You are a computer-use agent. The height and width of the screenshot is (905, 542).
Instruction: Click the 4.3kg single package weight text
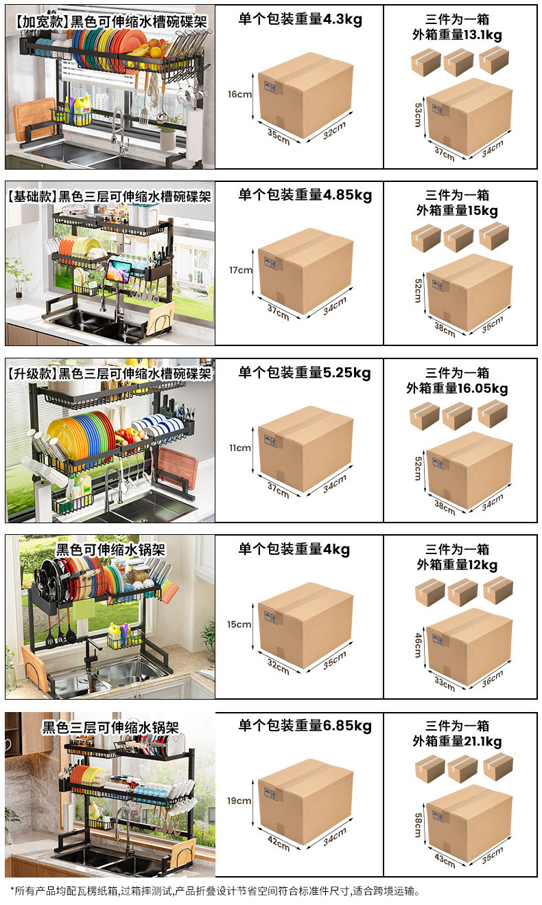point(300,19)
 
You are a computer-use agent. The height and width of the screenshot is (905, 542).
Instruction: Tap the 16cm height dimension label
point(240,94)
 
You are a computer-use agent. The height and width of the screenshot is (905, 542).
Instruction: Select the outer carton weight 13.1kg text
point(457,35)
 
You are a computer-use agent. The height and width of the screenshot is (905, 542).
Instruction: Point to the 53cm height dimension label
point(418,114)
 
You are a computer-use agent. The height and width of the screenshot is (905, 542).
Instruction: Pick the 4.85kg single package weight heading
point(305,195)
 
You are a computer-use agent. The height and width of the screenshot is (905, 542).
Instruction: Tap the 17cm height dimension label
point(241,270)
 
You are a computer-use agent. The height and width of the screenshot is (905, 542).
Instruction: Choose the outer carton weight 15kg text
point(457,211)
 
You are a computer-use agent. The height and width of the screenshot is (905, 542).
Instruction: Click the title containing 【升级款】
point(110,374)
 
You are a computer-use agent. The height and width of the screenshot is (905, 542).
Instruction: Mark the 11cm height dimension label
point(240,448)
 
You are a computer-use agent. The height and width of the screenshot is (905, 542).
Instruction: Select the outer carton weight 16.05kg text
point(457,389)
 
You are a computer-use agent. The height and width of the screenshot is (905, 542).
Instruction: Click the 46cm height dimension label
point(418,645)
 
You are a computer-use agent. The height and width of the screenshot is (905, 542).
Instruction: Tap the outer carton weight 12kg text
point(457,565)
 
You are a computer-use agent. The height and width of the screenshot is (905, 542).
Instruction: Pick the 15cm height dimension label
point(240,624)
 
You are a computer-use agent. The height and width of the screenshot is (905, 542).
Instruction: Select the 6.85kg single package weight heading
point(305,726)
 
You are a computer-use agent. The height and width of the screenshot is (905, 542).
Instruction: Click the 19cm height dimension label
point(240,801)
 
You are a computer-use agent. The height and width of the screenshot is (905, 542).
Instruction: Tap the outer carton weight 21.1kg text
point(457,742)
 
